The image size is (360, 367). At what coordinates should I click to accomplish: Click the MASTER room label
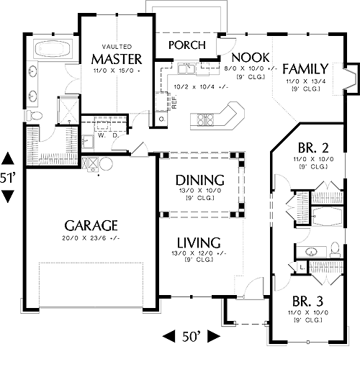(x=117, y=59)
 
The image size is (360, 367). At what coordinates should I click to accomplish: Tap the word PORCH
(x=187, y=45)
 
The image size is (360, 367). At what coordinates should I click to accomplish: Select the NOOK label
(x=251, y=58)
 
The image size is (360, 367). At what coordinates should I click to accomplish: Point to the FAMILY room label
(x=305, y=69)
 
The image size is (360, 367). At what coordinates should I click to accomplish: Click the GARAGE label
(x=91, y=225)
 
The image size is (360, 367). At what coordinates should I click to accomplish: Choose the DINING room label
(x=200, y=181)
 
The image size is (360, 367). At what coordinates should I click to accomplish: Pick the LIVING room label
(x=199, y=243)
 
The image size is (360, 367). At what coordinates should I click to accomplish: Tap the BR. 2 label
(x=313, y=148)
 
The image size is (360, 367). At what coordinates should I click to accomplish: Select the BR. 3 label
(x=308, y=302)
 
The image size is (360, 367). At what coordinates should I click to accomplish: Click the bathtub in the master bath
(x=53, y=49)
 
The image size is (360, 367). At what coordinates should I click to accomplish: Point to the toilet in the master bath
(x=34, y=115)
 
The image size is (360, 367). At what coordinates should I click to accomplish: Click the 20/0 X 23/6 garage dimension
(x=91, y=238)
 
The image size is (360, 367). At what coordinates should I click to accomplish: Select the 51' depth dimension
(x=8, y=178)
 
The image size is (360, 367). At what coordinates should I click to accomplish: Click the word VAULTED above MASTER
(x=117, y=47)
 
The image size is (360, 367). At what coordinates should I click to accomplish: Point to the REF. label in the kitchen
(x=174, y=101)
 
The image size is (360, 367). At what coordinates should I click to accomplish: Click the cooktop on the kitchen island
(x=205, y=119)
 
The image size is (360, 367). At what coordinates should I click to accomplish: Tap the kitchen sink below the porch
(x=186, y=68)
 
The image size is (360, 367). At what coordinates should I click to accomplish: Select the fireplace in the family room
(x=351, y=79)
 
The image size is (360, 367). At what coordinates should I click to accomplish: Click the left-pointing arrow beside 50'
(x=168, y=336)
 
